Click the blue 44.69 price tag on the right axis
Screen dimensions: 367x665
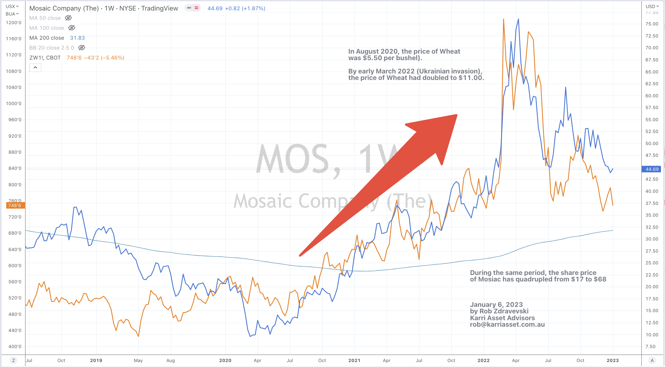(652, 169)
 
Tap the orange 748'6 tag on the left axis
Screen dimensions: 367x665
(15, 206)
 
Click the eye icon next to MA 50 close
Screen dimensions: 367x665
(68, 18)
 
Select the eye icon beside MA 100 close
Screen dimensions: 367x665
(72, 28)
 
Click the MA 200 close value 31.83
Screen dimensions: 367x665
(77, 38)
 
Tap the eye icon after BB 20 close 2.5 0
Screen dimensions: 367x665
(82, 48)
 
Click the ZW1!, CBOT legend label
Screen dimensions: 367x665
(45, 58)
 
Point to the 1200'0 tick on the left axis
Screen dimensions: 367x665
(14, 23)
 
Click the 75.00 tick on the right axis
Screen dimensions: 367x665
(652, 24)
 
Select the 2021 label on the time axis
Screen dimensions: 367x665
(354, 360)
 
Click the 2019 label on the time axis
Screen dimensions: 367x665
(96, 360)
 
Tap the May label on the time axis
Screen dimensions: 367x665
(138, 360)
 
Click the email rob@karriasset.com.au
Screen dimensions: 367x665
(507, 325)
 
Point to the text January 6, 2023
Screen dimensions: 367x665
(496, 305)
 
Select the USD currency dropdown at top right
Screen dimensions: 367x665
(652, 6)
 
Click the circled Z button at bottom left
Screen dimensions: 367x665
(13, 360)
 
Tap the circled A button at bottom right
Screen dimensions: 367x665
(652, 360)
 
